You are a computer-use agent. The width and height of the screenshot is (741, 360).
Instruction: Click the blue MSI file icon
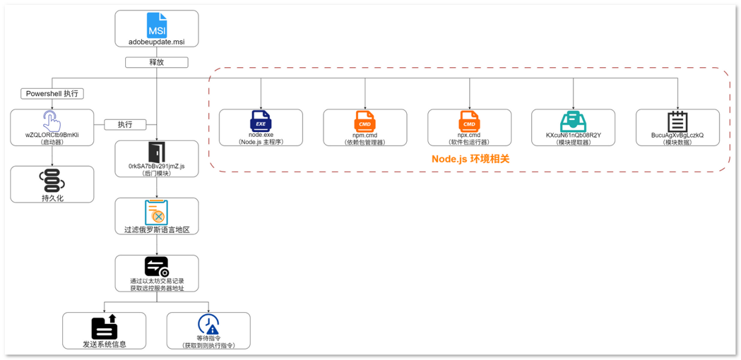coord(156,25)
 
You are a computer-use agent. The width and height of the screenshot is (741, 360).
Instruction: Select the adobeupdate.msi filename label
coord(156,42)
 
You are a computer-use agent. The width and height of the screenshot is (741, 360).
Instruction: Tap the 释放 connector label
coord(156,62)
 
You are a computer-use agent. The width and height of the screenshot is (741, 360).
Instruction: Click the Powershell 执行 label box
coord(52,94)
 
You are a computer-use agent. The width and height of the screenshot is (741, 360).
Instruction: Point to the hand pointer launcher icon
coord(52,120)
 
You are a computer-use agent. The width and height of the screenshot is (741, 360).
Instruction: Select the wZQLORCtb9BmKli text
coord(52,134)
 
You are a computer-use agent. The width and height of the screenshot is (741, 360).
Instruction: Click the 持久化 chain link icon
coord(52,181)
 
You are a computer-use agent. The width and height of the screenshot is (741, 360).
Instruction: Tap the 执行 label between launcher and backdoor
coord(124,125)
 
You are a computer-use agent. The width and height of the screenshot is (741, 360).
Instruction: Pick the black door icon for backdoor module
coord(156,152)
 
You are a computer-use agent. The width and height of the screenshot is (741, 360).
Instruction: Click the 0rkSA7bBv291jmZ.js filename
coord(156,166)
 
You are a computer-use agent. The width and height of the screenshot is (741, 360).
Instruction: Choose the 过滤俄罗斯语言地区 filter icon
coord(156,212)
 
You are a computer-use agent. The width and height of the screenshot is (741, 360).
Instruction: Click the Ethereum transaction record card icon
coord(156,266)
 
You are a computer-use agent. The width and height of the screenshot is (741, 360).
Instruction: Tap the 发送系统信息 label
coord(104,344)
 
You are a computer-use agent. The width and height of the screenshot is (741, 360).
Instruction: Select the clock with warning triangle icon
coord(208,324)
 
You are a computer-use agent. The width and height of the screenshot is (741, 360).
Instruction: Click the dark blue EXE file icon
coord(261,120)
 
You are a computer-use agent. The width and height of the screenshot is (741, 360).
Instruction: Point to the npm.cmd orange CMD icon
coord(365,120)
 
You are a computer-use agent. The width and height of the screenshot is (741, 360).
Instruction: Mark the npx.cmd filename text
coord(469,135)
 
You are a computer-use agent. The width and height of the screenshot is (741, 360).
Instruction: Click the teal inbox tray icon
coord(573,120)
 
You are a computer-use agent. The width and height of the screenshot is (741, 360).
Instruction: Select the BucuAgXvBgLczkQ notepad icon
coord(677,120)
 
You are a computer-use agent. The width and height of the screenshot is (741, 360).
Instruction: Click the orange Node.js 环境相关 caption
coord(470,159)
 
